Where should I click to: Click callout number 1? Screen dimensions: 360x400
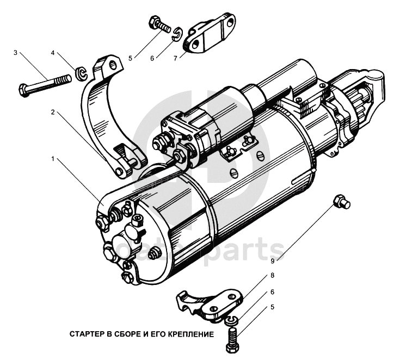53,159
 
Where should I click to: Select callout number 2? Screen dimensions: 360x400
53,113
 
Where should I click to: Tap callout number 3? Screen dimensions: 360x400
15,53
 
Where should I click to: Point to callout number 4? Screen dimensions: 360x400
53,53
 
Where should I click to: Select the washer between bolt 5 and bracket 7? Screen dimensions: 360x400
176,36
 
